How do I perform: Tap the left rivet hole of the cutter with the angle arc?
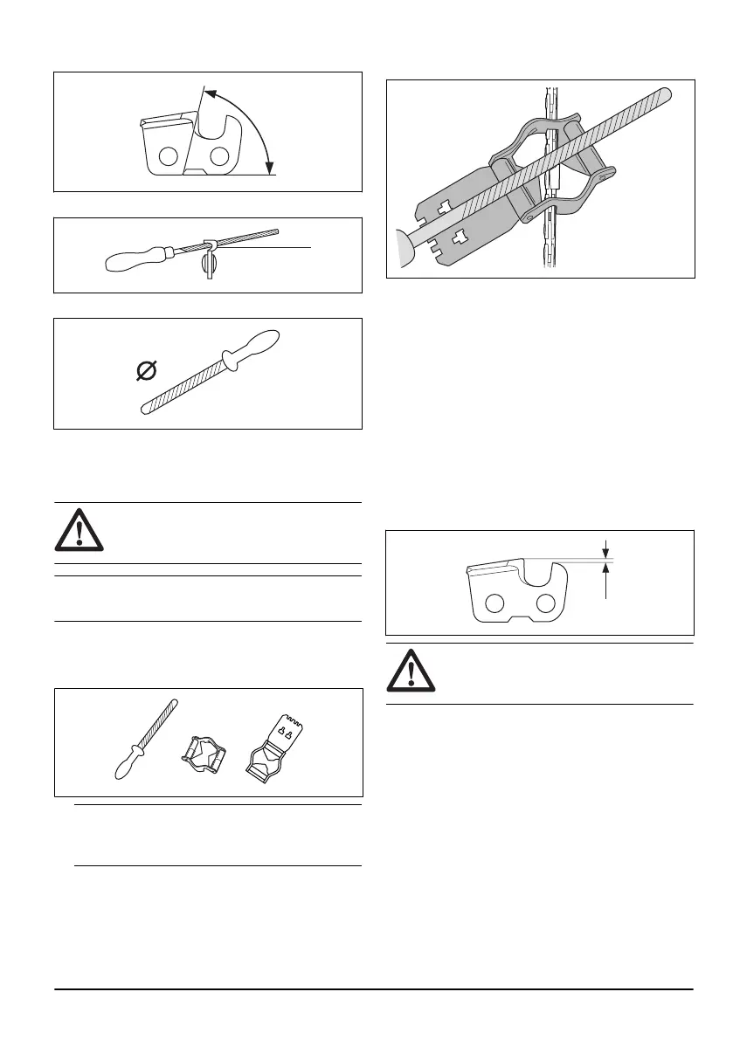169,156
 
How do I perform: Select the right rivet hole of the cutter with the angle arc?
218,156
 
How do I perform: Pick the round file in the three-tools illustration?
146,737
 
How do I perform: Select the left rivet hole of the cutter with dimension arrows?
495,603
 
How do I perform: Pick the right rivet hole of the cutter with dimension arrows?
546,603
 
